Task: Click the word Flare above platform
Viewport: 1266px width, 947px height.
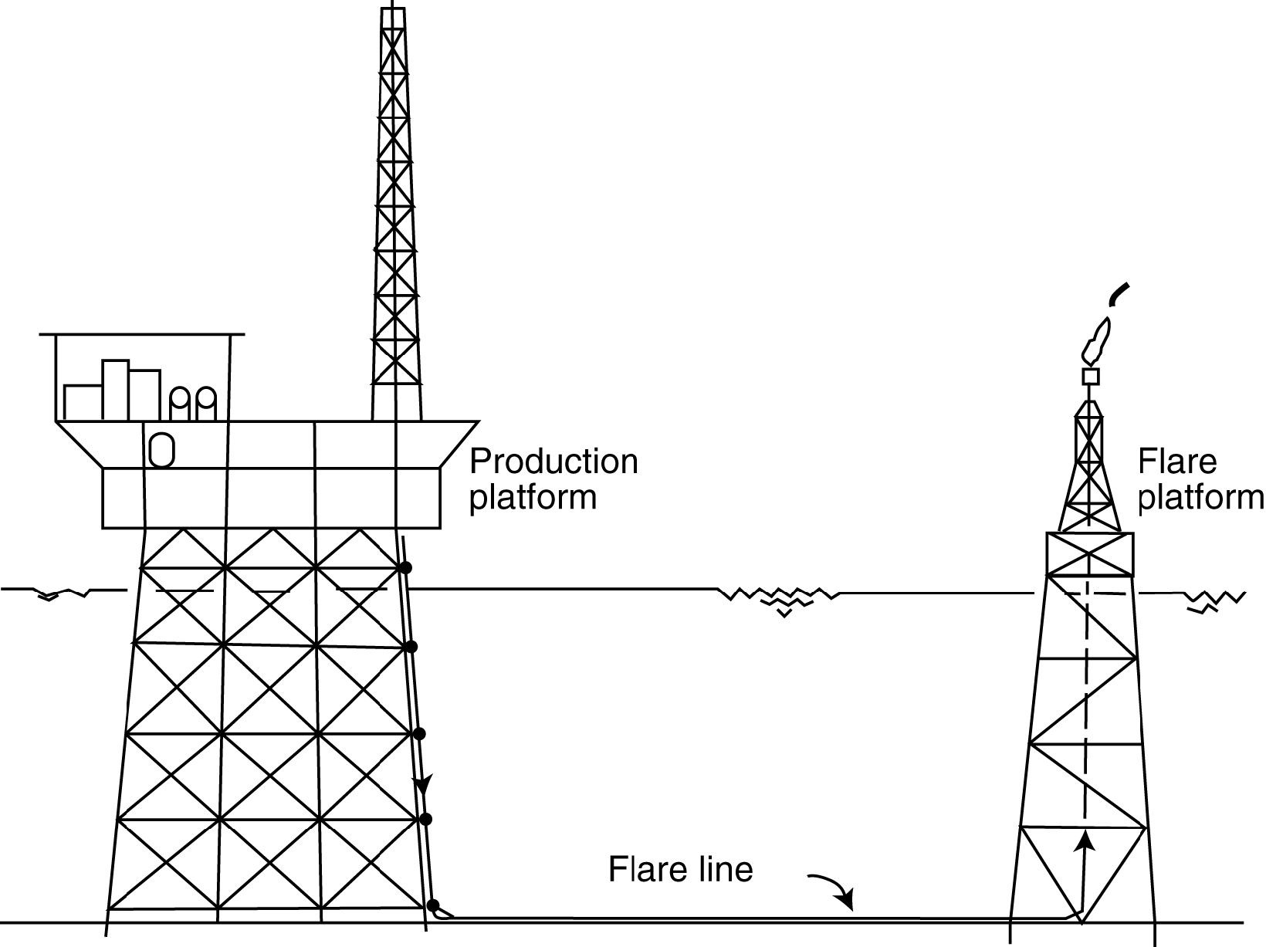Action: point(1177,462)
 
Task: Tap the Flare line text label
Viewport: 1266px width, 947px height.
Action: point(680,869)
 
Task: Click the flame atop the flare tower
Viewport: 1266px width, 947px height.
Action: point(1096,344)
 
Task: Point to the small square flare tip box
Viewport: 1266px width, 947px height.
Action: point(1090,377)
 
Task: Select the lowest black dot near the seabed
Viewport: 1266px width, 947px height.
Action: point(433,905)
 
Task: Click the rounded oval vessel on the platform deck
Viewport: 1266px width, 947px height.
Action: point(161,449)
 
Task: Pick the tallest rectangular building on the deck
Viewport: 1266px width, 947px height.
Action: point(115,390)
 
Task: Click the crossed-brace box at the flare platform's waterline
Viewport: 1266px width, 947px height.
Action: point(1089,554)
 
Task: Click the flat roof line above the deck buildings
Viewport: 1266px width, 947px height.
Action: point(142,334)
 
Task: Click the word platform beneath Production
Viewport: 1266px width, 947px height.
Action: point(533,497)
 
